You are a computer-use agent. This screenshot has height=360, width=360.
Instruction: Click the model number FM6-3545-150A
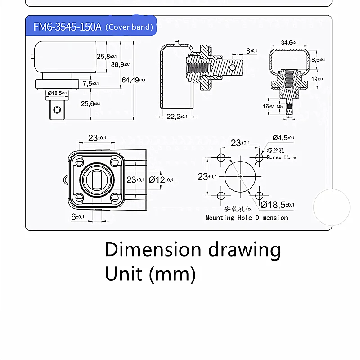coord(67,27)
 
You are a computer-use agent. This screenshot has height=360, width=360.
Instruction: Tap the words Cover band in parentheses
coord(129,27)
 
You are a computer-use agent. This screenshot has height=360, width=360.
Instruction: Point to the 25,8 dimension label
coord(104,56)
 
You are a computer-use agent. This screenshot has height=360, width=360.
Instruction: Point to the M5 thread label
coord(279,106)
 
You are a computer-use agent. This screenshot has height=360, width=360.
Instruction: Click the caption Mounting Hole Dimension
coord(246,218)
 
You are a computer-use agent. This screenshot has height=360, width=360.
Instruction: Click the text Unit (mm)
coord(150,274)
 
